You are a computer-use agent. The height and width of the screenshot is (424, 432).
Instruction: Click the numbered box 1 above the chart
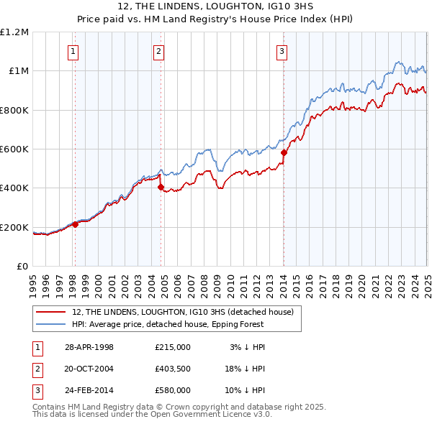point(74,51)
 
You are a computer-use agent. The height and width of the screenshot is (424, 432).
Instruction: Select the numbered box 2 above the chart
point(158,51)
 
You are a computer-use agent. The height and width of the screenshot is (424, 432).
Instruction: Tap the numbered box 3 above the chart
point(282,51)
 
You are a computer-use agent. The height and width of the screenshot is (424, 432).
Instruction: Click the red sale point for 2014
point(284,152)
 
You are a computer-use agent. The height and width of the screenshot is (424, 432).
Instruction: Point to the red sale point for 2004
point(161,188)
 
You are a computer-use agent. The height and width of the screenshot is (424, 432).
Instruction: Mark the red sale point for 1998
point(75,224)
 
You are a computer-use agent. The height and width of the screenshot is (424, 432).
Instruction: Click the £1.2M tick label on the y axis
point(15,32)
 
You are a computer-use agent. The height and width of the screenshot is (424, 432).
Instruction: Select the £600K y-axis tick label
point(14,149)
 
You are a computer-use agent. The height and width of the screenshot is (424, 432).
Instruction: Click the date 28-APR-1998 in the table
point(89,347)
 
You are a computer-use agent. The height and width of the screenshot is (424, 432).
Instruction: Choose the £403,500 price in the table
point(173,369)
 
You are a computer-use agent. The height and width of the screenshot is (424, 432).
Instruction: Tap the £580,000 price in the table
point(173,390)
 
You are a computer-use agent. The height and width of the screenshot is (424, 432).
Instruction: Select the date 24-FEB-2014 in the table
point(89,390)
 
